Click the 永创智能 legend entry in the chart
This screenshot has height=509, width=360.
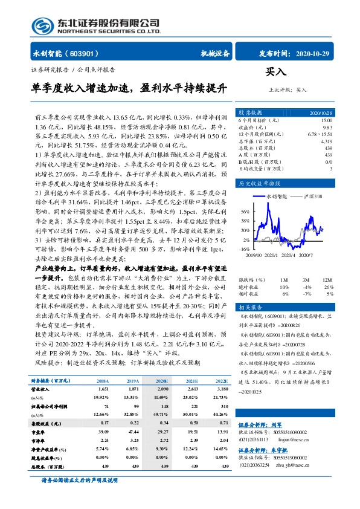click(274, 197)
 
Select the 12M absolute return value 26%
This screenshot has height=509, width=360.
click(328, 287)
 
